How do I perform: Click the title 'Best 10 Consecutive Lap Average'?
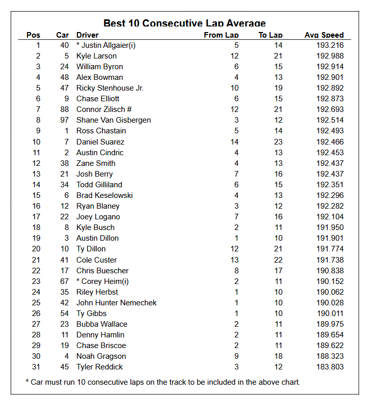[184, 23]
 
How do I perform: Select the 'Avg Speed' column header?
[324, 35]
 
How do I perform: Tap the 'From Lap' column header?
[221, 35]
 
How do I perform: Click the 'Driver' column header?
[88, 35]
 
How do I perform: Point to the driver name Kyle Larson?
[96, 56]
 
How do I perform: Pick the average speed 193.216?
[330, 45]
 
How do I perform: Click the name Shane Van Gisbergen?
[114, 120]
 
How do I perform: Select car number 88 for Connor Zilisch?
[64, 109]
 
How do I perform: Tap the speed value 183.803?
[330, 367]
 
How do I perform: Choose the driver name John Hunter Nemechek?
[117, 303]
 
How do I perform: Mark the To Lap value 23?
[278, 142]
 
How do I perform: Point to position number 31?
[36, 367]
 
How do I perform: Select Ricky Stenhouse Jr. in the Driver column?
[110, 88]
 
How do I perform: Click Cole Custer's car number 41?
[64, 260]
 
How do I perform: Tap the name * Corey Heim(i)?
[102, 281]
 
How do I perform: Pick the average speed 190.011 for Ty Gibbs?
[330, 313]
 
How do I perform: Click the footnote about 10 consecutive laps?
[163, 382]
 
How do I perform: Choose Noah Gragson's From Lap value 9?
[236, 356]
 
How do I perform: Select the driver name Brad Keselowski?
[104, 195]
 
